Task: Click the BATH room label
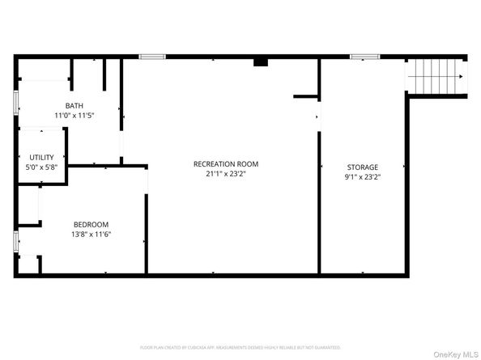(74, 106)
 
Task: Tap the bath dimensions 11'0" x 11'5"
(74, 116)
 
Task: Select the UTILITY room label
(41, 157)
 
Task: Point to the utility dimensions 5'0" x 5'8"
(41, 167)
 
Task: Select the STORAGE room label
(362, 167)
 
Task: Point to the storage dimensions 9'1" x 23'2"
(362, 176)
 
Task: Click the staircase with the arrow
(438, 77)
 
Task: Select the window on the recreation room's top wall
(152, 56)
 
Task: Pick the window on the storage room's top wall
(364, 56)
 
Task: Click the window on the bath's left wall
(15, 104)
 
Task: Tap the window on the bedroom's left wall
(15, 240)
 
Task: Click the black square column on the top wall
(261, 61)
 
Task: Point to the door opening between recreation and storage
(317, 116)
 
